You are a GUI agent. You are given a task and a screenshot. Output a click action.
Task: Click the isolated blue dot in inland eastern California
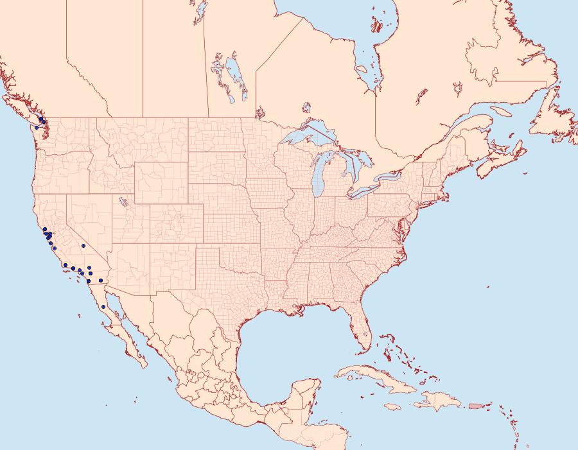[83, 246]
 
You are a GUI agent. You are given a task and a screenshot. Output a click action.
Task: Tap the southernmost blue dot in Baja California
[103, 307]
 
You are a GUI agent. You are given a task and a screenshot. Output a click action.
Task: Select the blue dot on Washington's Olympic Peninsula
[37, 127]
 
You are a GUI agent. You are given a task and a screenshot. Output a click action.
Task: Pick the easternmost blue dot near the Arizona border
[101, 281]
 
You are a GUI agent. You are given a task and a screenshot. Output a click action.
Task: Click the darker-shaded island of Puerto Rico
[475, 405]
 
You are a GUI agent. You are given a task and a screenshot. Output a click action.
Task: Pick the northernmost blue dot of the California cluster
[44, 229]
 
